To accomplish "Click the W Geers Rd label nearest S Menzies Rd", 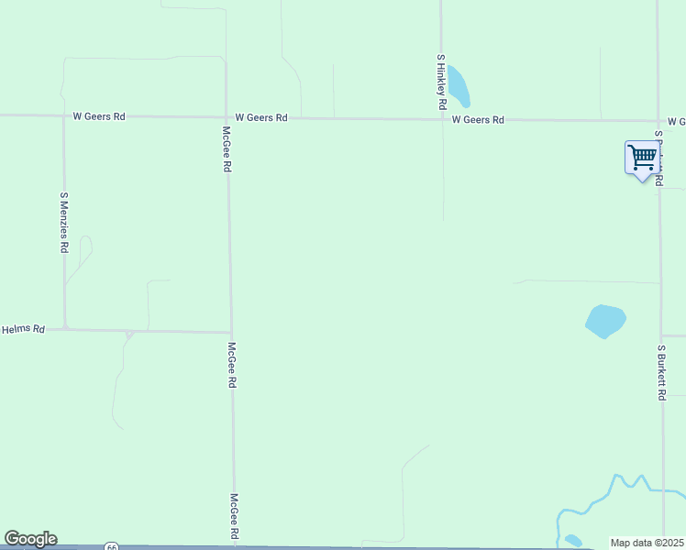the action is (100, 116).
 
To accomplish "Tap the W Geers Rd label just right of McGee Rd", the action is (261, 117).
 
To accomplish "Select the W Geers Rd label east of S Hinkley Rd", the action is (478, 120).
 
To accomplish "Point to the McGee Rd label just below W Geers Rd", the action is (227, 149).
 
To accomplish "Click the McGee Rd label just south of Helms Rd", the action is (233, 366).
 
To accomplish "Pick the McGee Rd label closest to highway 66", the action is (235, 516).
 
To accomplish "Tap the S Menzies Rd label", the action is (64, 222).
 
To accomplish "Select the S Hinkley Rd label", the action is (441, 82).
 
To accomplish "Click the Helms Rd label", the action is (23, 328).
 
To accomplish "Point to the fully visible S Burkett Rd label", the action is (661, 372).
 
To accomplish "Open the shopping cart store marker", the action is (643, 158).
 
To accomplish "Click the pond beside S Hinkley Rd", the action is (458, 86).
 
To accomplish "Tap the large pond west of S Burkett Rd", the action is (605, 320).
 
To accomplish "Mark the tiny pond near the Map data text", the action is (573, 540).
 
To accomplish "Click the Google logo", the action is (30, 539).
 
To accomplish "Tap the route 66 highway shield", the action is (111, 546).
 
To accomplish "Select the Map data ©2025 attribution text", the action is (647, 543).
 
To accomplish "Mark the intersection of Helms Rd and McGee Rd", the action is (231, 332).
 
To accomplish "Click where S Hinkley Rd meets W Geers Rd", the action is (442, 119).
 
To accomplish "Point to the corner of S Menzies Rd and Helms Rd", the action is (64, 327).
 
